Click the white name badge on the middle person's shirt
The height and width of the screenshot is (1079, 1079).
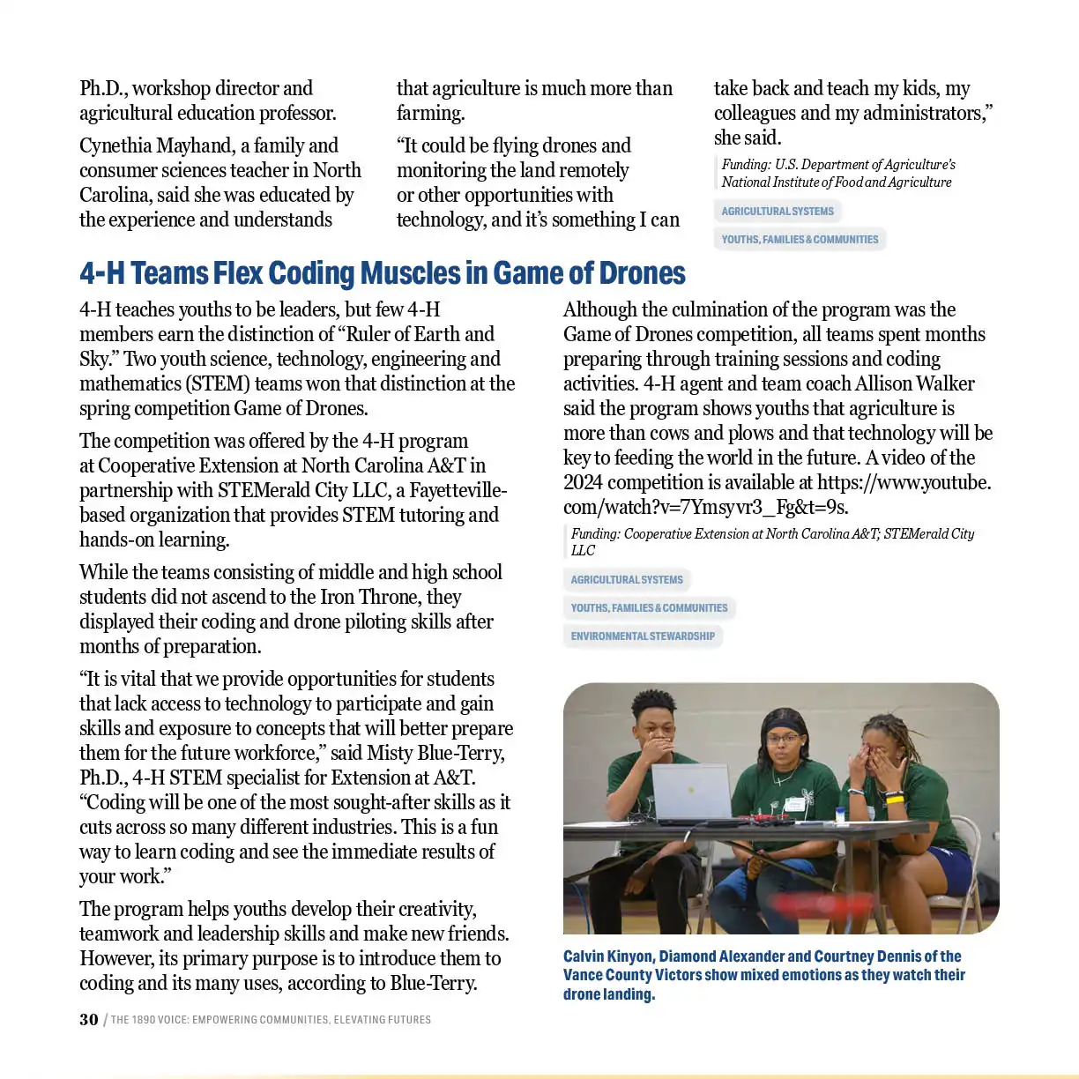[796, 803]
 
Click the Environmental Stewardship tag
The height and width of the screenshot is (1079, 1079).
[643, 636]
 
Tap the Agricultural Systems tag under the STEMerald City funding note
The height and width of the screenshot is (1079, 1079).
[627, 580]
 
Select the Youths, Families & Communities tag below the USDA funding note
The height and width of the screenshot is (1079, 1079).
[800, 240]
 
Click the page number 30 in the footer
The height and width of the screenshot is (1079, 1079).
[89, 1020]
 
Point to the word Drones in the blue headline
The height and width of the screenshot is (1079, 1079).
[642, 274]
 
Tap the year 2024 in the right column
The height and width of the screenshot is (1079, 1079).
[583, 483]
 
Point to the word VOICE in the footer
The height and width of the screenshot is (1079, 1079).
[174, 1020]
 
